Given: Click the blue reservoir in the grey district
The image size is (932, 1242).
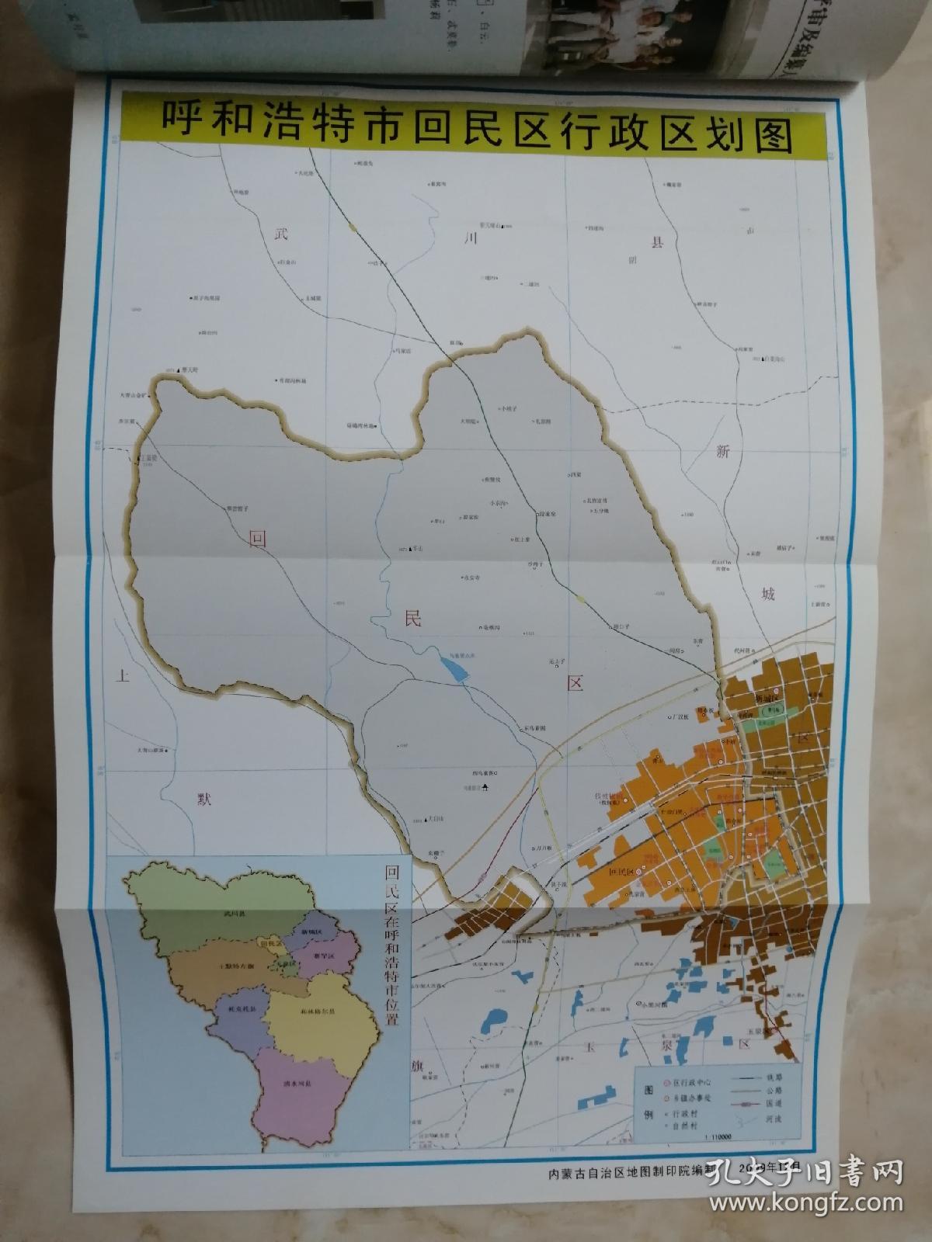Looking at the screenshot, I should tap(454, 668).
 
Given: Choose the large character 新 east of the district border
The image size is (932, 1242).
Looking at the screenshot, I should tap(724, 453).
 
